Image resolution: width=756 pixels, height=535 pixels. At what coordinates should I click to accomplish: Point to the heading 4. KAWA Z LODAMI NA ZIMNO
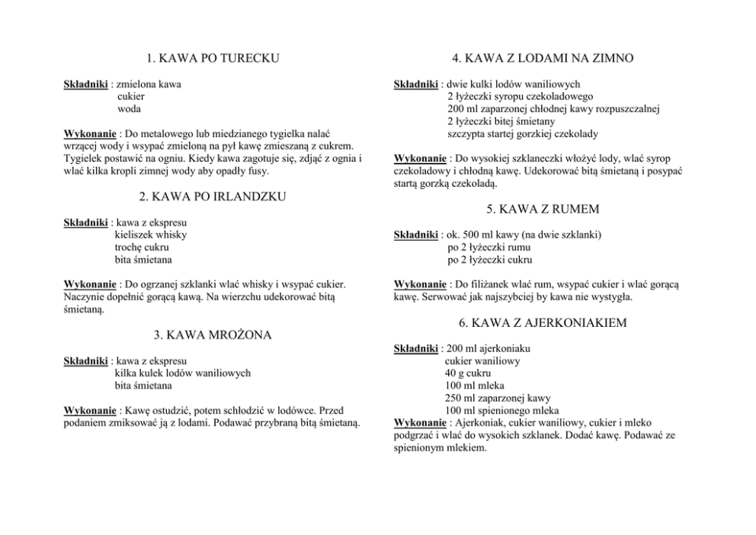click(x=543, y=58)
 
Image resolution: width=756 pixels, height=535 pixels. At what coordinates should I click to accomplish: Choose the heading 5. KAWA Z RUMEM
click(x=543, y=209)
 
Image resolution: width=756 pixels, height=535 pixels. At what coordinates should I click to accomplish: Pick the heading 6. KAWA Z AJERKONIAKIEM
click(x=543, y=323)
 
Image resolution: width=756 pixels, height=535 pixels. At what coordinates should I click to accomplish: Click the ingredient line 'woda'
click(x=130, y=109)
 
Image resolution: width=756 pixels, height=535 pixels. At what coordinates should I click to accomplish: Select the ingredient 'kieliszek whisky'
click(x=151, y=235)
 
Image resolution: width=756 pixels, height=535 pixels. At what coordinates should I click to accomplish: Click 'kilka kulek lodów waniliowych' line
click(x=182, y=373)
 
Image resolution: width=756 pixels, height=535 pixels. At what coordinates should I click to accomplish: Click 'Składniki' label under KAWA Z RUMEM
click(x=415, y=235)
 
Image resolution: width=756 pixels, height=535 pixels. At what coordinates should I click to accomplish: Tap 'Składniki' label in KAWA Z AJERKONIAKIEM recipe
click(x=415, y=348)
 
